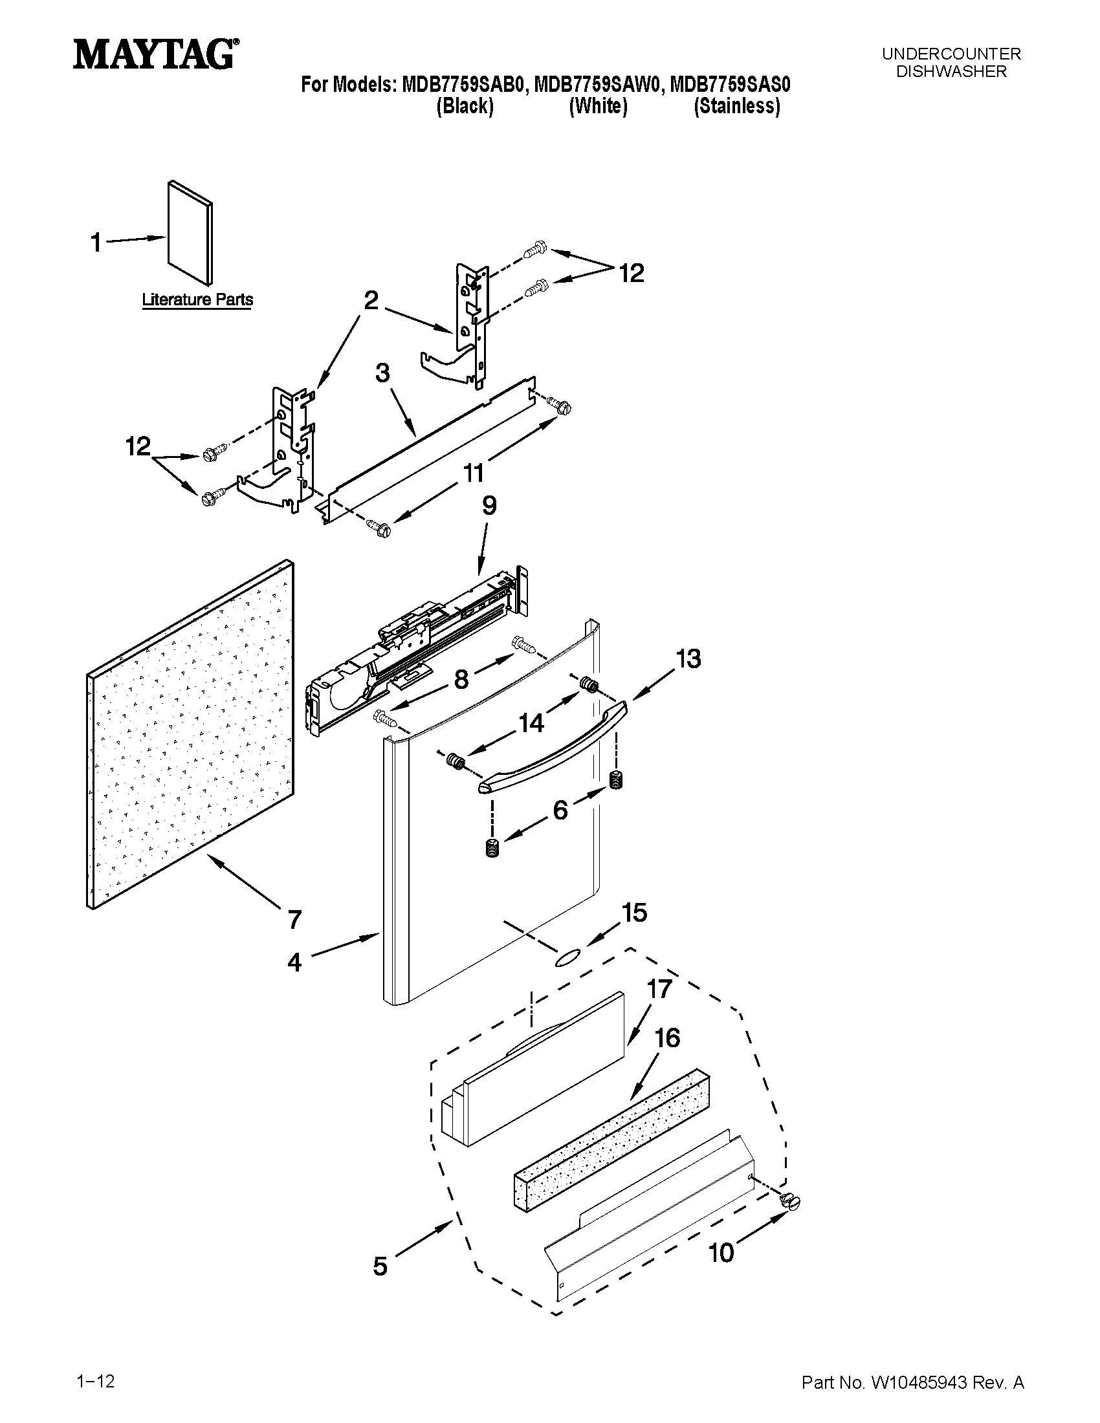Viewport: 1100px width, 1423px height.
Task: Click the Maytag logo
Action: pyautogui.click(x=155, y=54)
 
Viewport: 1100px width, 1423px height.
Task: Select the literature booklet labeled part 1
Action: pyautogui.click(x=190, y=233)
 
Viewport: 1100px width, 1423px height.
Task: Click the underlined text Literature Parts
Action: pyautogui.click(x=197, y=299)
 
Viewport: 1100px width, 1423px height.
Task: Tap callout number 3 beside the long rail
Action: pyautogui.click(x=382, y=373)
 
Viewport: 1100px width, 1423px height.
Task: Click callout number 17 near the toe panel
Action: pyautogui.click(x=659, y=988)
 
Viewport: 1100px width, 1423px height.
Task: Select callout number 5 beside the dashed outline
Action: pyautogui.click(x=380, y=1266)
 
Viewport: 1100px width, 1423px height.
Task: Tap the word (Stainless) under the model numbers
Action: pyautogui.click(x=736, y=106)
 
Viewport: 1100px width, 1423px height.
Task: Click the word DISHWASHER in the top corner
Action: pyautogui.click(x=951, y=72)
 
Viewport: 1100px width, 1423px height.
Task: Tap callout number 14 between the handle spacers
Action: pyautogui.click(x=531, y=722)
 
